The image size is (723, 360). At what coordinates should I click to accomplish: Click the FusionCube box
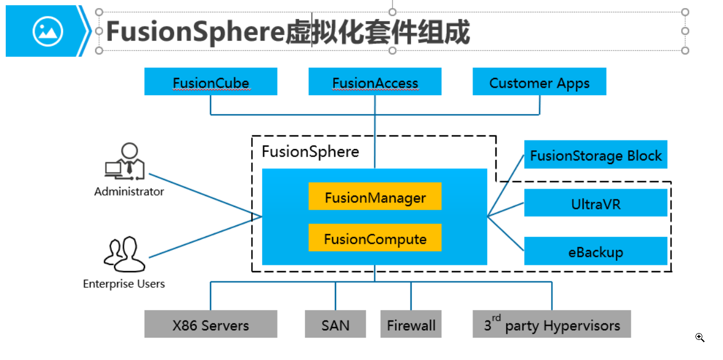coord(210,82)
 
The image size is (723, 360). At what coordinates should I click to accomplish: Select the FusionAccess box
coord(375,82)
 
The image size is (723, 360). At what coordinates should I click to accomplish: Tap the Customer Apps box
coord(539,82)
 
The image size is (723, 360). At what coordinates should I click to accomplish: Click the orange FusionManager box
coord(375,197)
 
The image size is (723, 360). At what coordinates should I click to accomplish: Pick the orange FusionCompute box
coord(375,238)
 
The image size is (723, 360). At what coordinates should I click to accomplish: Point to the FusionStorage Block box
coord(596,155)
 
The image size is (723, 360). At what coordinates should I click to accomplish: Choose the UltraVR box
coord(596,203)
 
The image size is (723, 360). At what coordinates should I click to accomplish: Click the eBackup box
coord(596,251)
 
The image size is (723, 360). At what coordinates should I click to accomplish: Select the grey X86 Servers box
coord(210,324)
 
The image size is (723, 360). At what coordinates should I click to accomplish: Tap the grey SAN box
coord(335,324)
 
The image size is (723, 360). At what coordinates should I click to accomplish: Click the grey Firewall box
coord(411,324)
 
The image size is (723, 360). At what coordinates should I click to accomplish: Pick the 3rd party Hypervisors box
coord(552,324)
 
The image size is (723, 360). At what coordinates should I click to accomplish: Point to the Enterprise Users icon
coord(124,254)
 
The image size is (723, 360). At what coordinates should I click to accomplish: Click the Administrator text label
coord(129,191)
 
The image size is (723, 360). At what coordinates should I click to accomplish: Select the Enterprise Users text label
coord(124,284)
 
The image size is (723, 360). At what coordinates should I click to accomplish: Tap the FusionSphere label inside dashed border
coord(310,152)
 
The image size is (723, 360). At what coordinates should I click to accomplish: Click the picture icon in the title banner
coord(48,31)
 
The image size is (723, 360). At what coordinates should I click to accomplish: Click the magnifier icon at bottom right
coord(699,337)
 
